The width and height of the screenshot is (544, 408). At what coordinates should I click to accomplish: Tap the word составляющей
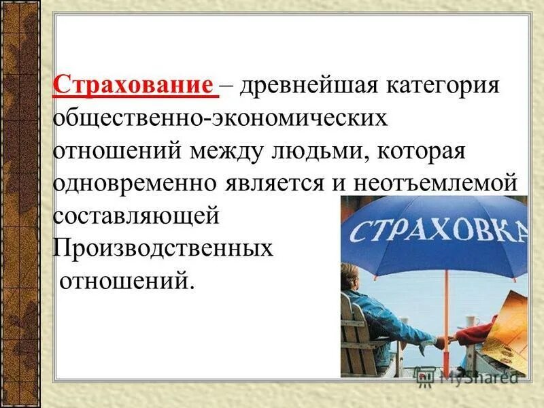click(x=136, y=216)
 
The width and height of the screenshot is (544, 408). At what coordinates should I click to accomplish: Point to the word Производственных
click(x=163, y=248)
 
